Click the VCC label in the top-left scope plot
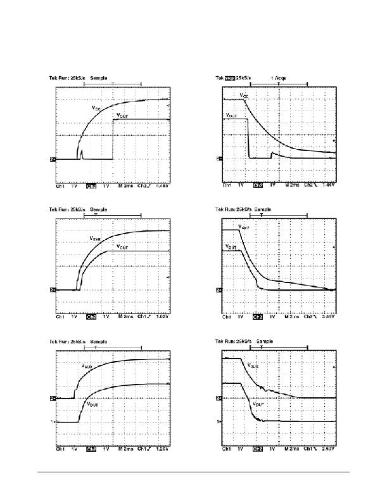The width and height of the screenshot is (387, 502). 95,109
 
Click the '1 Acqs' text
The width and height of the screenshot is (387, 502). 278,77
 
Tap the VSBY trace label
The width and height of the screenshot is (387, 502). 243,227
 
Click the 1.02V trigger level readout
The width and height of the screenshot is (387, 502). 163,316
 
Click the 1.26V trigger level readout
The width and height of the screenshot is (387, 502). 163,449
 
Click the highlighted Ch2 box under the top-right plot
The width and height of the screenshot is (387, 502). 258,187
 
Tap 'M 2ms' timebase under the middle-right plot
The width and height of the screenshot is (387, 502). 291,316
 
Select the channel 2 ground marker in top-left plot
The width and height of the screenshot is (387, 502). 53,159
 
